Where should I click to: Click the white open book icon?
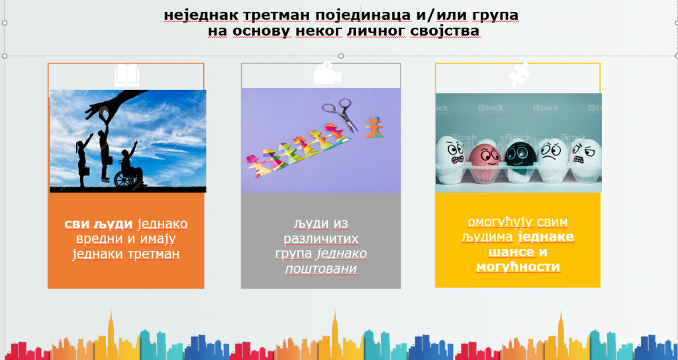(x=126, y=75)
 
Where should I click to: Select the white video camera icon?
(x=327, y=73)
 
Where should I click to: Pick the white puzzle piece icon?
(x=520, y=74)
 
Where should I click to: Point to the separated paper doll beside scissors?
(x=375, y=127)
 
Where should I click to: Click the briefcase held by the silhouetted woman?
(x=85, y=171)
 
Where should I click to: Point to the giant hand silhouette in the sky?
(x=113, y=102)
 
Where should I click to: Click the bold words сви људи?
(x=99, y=224)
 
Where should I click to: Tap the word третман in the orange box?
(x=154, y=253)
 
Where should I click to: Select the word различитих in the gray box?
(x=321, y=238)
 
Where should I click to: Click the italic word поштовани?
(x=321, y=269)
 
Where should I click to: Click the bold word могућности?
(x=518, y=267)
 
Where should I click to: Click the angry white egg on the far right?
(x=585, y=156)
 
